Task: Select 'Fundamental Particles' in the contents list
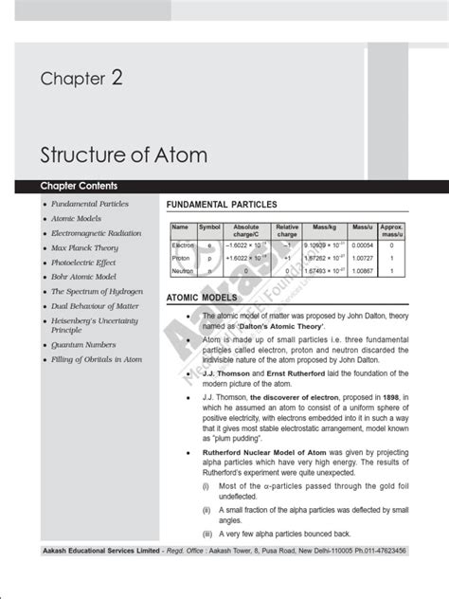90,204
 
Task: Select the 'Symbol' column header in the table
209,227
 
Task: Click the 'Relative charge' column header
286,231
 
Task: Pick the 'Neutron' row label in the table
183,271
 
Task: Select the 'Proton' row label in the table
182,258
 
